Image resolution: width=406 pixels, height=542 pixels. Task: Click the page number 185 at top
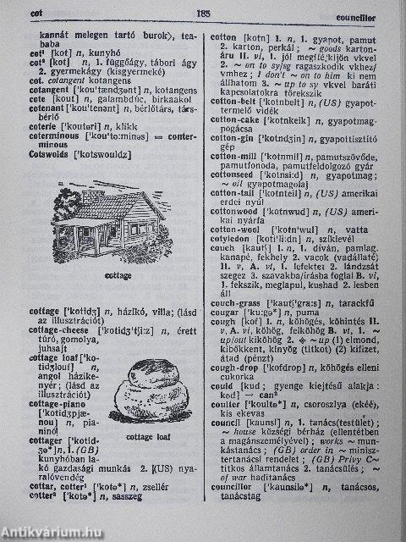click(202, 13)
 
